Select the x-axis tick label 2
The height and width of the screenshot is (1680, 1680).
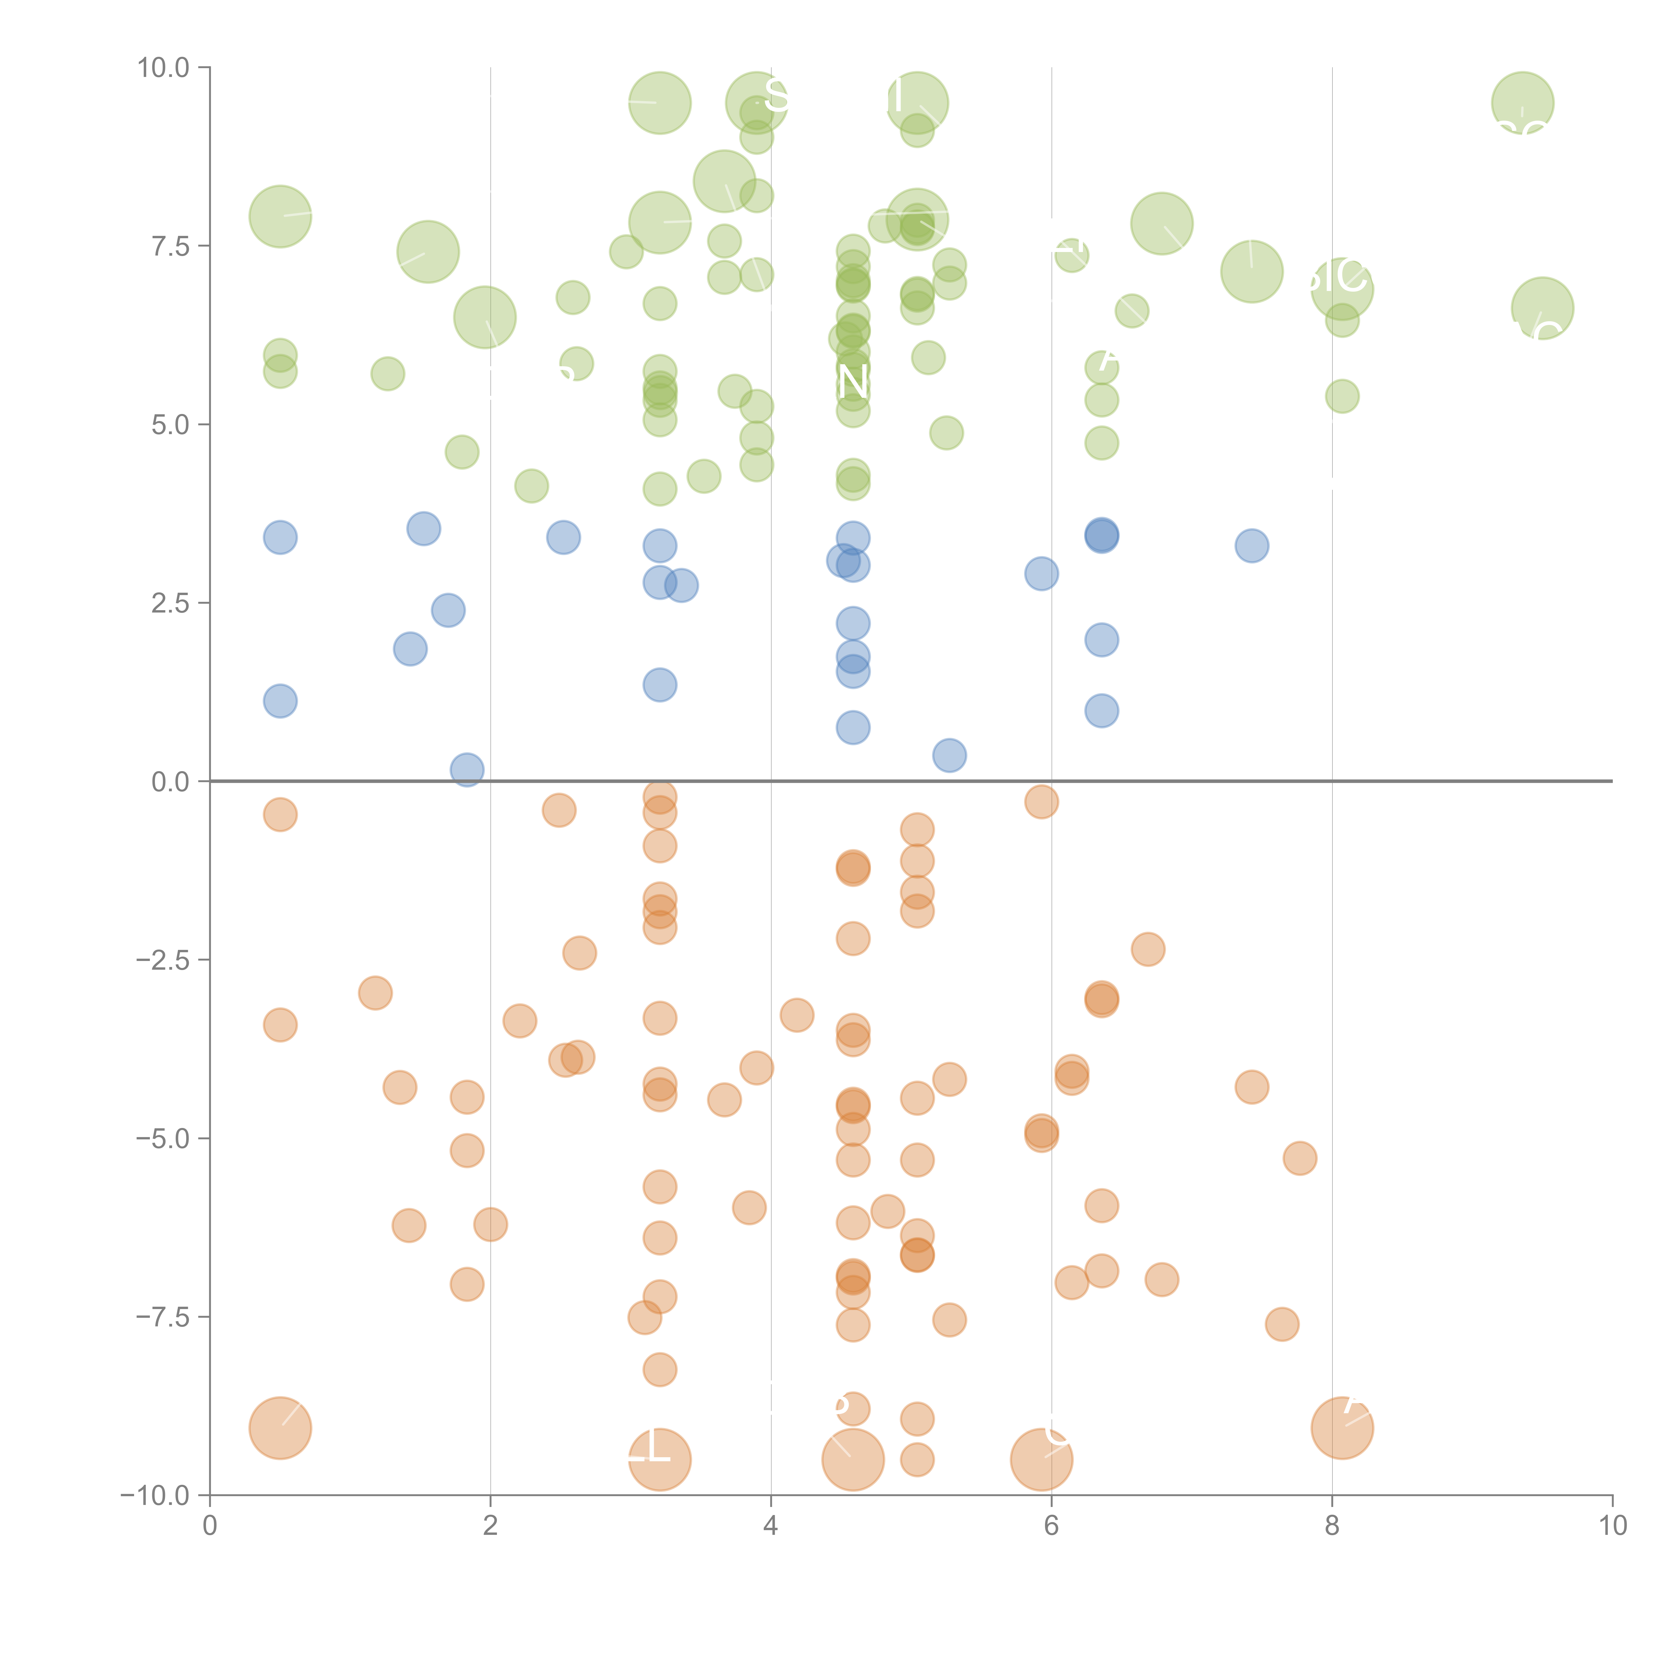point(491,1526)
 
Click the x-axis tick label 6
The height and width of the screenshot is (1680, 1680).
point(1051,1526)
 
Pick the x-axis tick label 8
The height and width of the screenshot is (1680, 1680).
point(1332,1526)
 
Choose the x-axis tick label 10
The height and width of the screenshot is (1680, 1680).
point(1612,1526)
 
